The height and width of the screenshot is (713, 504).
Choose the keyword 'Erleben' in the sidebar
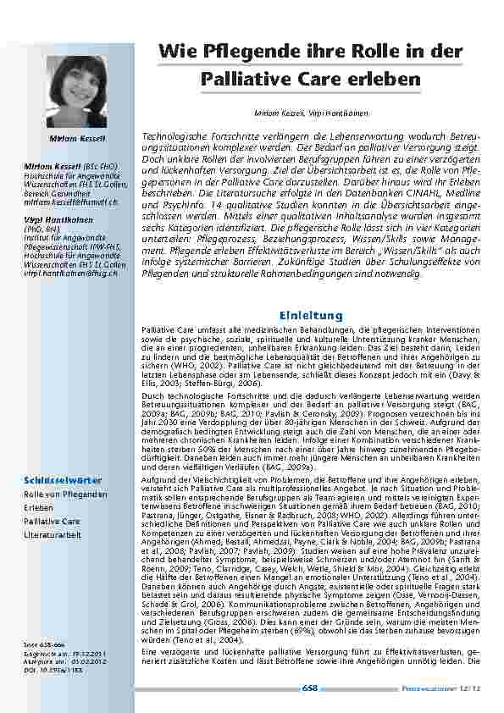(37, 507)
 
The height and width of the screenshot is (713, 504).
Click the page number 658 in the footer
(310, 688)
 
